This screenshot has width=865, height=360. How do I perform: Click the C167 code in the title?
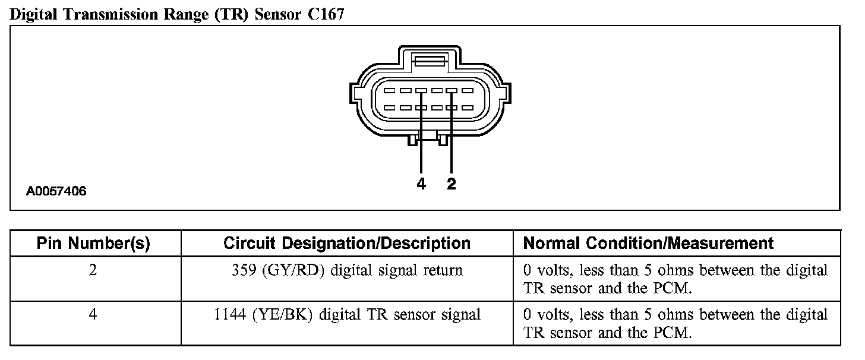tap(326, 15)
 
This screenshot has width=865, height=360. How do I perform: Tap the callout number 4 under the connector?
tap(421, 185)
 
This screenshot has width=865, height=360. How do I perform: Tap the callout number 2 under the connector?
tap(452, 185)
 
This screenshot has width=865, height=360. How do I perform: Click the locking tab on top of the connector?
tap(430, 61)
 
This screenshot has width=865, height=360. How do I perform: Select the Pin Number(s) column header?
tap(93, 243)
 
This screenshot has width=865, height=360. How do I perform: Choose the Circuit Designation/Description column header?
tap(347, 243)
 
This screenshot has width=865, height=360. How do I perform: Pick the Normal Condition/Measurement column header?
tap(648, 243)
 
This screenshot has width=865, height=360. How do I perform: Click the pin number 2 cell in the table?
tap(93, 270)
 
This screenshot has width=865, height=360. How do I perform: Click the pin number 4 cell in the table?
tap(93, 314)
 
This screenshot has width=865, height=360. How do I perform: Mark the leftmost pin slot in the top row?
tap(390, 91)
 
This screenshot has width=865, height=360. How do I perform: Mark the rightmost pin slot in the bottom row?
tap(468, 108)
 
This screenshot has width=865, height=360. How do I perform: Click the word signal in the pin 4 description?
tap(460, 314)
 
